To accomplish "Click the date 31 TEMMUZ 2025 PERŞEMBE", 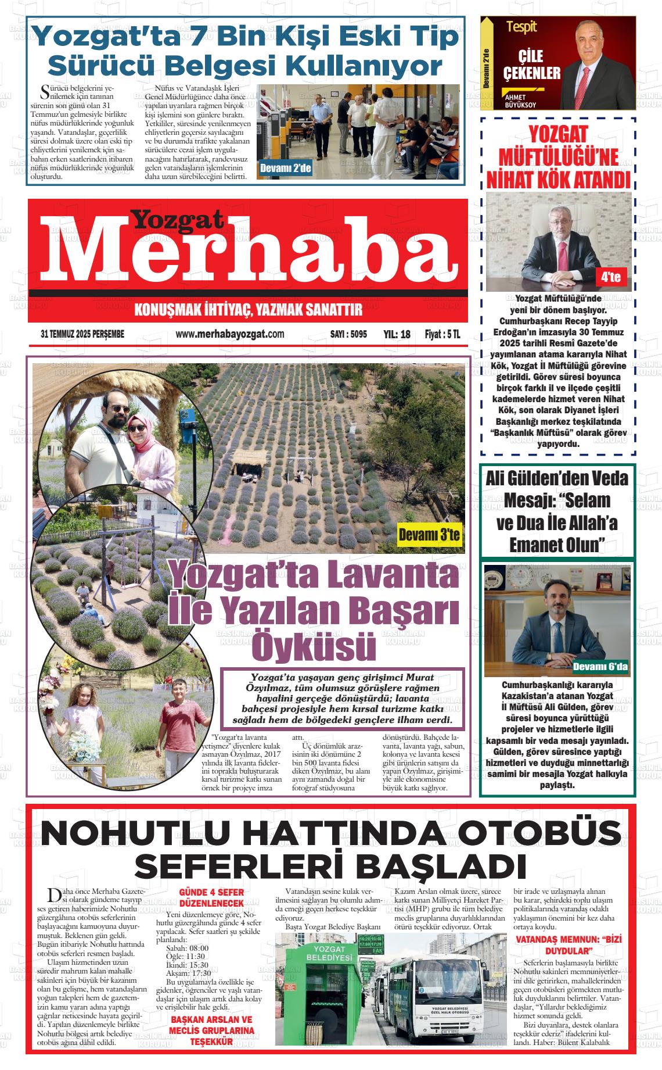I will tap(82, 334).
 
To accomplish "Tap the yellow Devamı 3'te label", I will tap(429, 535).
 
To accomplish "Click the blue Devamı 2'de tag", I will tap(285, 169).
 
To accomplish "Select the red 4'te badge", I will tap(611, 277).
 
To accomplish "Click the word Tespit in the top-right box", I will tap(521, 27).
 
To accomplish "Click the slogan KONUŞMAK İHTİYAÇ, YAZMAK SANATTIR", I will tap(248, 310).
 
